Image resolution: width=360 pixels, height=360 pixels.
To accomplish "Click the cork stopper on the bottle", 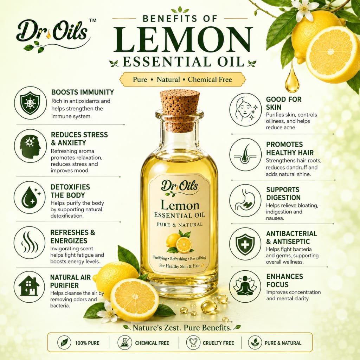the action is coord(179,110).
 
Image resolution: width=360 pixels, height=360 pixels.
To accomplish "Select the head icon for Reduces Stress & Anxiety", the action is coord(30,146).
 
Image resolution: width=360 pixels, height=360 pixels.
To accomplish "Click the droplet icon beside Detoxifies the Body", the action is coord(30,197).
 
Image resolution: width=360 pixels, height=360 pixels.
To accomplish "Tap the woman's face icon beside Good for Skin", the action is coord(245,110).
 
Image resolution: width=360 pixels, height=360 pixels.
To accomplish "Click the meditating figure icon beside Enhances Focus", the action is coord(245,286).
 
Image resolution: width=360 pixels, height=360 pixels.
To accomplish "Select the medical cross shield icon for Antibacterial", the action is coord(245,244).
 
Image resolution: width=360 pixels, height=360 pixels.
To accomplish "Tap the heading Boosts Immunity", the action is coord(83,92).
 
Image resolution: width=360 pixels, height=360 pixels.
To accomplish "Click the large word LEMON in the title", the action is coord(183,40).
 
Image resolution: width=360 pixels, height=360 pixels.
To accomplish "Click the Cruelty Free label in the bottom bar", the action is coord(218,343).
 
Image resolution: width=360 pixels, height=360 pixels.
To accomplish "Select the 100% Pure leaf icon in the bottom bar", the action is coord(64,342).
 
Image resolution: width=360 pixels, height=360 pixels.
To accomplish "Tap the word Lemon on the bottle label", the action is coord(180,205).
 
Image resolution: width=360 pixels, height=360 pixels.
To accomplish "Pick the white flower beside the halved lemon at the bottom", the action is coord(108,311).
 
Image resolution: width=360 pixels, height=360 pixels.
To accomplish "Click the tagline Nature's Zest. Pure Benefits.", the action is coord(182,328).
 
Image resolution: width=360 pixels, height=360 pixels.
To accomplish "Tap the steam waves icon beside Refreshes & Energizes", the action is coord(30,242).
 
